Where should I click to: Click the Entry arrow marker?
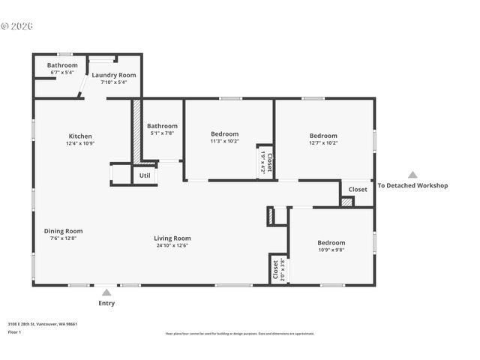click(106, 292)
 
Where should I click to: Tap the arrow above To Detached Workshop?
click(412, 175)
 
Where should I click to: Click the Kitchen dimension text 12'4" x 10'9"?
click(80, 143)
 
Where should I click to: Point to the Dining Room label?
click(63, 231)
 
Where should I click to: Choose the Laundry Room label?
click(114, 75)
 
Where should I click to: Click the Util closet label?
click(145, 175)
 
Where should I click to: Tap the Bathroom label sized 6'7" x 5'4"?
click(62, 65)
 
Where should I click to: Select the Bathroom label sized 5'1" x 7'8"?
click(162, 126)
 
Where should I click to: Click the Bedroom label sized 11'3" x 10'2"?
click(224, 133)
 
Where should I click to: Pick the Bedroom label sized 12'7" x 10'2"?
click(323, 136)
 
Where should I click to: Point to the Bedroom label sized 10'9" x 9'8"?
click(331, 243)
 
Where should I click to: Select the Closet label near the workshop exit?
click(358, 190)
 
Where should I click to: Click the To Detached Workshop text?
click(412, 186)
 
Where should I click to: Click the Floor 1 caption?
click(15, 331)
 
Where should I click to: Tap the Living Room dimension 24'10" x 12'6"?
click(172, 245)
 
